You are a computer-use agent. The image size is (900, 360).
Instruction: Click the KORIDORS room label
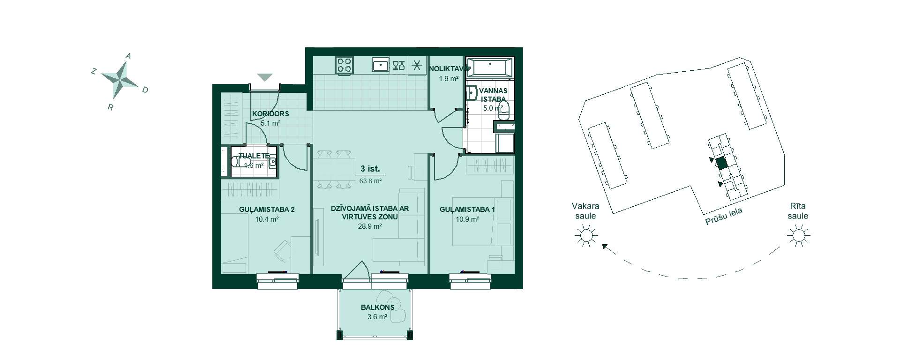coord(270,113)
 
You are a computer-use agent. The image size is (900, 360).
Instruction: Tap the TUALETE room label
coord(254,156)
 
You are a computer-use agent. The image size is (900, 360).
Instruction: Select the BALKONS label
coord(377,307)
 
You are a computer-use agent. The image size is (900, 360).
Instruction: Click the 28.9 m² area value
coord(370,226)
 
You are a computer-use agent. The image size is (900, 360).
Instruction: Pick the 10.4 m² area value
coord(267,219)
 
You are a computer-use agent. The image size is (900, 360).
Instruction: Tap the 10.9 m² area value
coord(467,219)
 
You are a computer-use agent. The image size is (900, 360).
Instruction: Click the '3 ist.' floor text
coord(370,168)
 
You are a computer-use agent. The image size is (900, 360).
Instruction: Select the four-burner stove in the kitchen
coord(345,65)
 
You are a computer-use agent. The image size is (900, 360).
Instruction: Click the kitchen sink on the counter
coord(380,65)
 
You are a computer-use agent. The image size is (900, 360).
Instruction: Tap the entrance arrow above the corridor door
coord(265,77)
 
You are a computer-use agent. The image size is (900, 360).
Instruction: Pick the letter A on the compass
coord(128,56)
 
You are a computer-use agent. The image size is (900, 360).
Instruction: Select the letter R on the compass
coord(111,107)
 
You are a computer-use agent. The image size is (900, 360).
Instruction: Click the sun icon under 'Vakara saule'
coord(586,235)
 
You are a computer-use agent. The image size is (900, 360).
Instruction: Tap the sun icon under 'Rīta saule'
coord(798,235)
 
